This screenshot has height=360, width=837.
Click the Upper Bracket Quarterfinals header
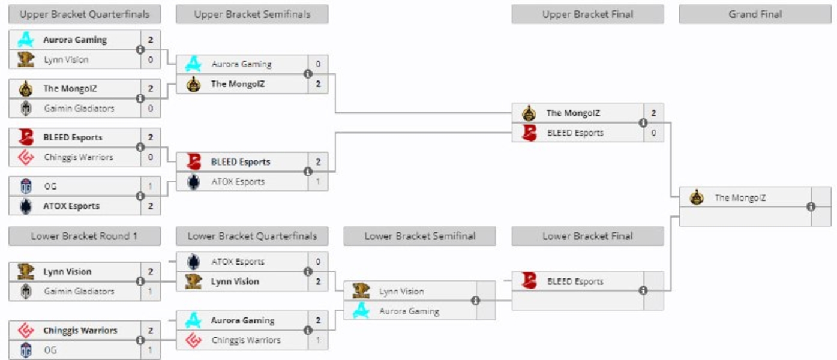coord(85,14)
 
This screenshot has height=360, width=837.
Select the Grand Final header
coord(755,14)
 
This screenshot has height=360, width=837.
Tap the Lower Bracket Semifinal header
coord(419,236)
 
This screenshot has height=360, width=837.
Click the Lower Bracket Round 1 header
coord(85,236)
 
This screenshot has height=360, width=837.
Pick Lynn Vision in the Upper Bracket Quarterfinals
coord(66,60)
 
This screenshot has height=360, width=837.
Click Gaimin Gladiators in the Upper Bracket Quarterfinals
coord(79,109)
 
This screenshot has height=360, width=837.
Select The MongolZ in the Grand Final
coord(740,197)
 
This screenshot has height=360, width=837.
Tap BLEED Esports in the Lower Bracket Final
coord(575,281)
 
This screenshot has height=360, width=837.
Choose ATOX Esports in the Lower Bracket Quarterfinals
coord(238,262)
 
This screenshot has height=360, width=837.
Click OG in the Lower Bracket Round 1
coord(51,350)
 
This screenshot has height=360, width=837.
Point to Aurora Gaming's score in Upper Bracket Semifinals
coord(318,64)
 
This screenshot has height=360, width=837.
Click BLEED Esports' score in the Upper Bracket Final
coord(653,133)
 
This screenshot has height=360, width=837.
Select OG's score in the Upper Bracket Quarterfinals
coord(151,187)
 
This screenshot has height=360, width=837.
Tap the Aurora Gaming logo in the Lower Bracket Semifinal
coord(361,311)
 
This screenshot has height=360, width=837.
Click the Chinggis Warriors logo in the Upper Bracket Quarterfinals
coord(26,157)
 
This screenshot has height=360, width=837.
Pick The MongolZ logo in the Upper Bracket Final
coord(529,113)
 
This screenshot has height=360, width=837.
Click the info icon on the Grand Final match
coord(811,206)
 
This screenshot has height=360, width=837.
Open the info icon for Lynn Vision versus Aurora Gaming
coord(475,300)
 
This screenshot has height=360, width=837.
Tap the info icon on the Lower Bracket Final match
coord(643,290)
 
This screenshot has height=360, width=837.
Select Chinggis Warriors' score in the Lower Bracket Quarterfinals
coord(318,340)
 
